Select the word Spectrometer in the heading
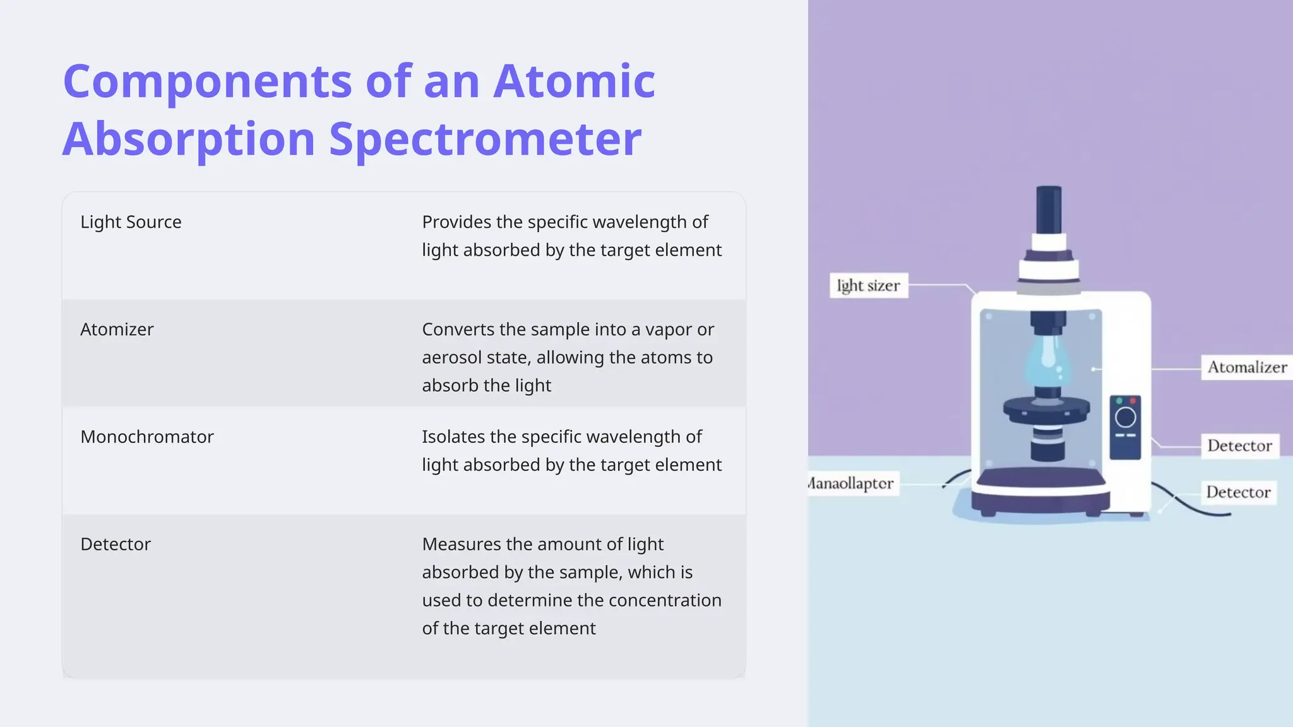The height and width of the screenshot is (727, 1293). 485,139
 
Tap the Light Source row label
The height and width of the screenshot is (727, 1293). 131,222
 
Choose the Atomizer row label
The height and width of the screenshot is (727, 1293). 117,329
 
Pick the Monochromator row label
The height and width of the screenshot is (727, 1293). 147,437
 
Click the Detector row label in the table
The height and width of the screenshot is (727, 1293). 116,544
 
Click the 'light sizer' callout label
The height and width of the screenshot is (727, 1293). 868,286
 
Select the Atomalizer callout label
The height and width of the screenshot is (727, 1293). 1246,367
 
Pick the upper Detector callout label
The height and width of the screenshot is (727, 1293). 1239,446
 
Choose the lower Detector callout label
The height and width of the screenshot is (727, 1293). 1238,492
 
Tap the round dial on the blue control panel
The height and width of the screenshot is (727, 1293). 1125,417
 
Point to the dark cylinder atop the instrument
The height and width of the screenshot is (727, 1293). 1049,210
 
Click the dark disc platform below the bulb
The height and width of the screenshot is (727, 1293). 1047,410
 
